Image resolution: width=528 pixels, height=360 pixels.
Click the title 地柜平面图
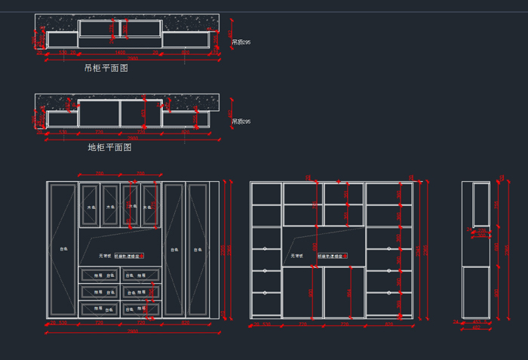(x=110, y=148)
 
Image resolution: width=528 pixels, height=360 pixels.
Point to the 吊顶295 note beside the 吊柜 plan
(x=241, y=42)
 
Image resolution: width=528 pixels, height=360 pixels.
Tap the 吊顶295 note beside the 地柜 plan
(x=241, y=122)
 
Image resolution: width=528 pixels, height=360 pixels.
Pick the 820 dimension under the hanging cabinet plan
(x=185, y=53)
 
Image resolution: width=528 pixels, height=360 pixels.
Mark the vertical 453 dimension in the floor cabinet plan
(x=143, y=115)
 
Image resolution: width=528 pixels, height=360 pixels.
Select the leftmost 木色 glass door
(x=90, y=206)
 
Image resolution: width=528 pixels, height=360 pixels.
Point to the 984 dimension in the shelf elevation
(x=348, y=293)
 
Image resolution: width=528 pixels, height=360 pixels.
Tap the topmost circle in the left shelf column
(x=265, y=248)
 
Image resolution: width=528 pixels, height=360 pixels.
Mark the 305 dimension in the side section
(x=481, y=235)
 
